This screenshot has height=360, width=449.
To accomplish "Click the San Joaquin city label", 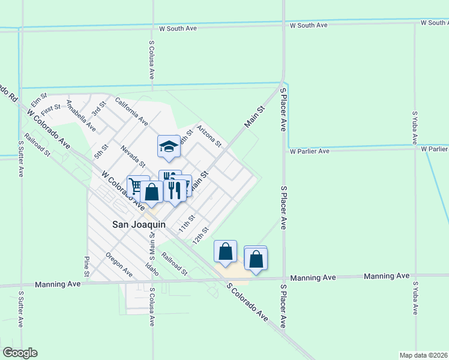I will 139,224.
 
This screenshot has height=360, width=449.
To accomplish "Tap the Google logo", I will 20,353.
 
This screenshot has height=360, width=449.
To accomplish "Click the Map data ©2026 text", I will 424,355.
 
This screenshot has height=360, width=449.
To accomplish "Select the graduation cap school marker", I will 169,146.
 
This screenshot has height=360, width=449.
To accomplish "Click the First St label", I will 52,107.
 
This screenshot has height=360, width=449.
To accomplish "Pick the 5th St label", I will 100,151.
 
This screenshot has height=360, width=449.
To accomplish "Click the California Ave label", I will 131,111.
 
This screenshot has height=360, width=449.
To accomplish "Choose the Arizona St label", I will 209,136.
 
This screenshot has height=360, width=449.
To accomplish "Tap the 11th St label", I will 187,224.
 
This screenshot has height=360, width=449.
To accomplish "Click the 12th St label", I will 200,235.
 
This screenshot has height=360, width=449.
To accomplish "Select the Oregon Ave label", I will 119,265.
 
